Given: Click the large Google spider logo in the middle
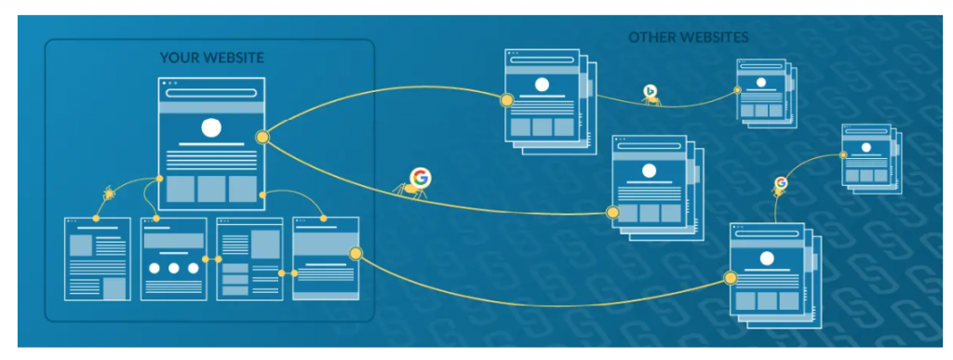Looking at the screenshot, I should click(421, 178).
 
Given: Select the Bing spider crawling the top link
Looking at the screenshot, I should click(651, 92).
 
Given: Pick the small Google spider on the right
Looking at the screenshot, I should click(780, 184).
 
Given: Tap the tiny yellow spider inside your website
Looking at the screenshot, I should click(110, 193).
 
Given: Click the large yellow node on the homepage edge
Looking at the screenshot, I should click(262, 138).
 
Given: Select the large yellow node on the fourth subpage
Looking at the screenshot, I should click(355, 253).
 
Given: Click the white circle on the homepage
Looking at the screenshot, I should click(211, 128).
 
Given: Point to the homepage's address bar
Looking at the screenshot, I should click(211, 93).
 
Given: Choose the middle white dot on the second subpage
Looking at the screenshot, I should click(173, 268).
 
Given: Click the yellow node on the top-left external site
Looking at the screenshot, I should click(507, 100).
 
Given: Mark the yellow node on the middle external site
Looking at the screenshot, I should click(612, 213).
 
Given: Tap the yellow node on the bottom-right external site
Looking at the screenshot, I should click(731, 277).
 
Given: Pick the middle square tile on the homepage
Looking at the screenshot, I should click(211, 189).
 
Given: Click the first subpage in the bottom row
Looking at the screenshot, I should click(97, 259).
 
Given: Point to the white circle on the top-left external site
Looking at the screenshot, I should click(539, 85).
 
